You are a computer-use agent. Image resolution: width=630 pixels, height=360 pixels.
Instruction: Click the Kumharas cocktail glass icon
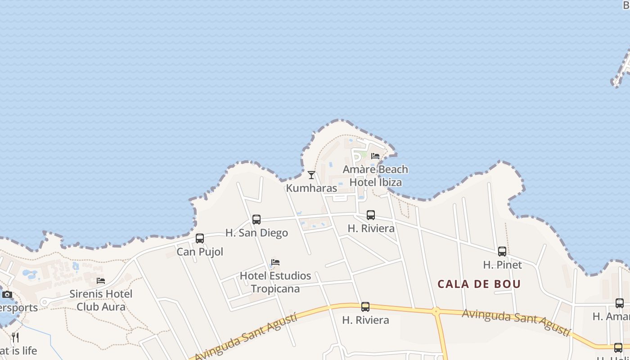(x=311, y=175)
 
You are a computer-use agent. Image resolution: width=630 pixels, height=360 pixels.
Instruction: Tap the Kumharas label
(x=311, y=188)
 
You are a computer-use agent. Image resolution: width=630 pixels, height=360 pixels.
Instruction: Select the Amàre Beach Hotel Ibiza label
(x=375, y=176)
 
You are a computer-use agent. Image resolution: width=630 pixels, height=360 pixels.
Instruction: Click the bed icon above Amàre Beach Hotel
(x=375, y=156)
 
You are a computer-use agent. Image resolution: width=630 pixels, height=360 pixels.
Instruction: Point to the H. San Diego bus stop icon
(x=256, y=220)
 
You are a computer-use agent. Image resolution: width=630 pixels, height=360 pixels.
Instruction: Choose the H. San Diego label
(x=256, y=233)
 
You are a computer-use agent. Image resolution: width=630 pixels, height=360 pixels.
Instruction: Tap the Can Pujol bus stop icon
(x=200, y=238)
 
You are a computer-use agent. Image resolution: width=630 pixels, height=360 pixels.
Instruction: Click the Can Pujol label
(x=200, y=252)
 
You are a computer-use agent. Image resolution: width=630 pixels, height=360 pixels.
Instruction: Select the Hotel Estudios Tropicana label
(x=275, y=282)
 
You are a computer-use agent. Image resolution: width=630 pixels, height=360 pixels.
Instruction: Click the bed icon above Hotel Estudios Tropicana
(x=275, y=262)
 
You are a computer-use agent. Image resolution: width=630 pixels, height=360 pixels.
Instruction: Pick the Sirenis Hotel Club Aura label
(x=101, y=300)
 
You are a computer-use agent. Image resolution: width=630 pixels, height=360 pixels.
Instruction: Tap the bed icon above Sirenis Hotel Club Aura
(x=101, y=281)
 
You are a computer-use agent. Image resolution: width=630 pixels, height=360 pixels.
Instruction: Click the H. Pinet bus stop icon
(x=502, y=252)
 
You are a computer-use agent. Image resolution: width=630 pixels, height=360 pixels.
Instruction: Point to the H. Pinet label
(x=502, y=265)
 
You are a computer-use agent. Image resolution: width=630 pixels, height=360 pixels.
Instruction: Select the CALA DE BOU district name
(x=479, y=284)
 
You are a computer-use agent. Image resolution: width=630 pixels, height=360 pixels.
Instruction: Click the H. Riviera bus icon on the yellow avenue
(x=365, y=307)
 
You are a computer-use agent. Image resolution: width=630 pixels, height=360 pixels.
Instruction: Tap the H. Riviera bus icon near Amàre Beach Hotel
(x=371, y=215)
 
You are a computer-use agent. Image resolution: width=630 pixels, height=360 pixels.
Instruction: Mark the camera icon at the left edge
(x=7, y=295)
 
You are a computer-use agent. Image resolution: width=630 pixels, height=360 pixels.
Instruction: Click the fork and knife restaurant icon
(x=15, y=337)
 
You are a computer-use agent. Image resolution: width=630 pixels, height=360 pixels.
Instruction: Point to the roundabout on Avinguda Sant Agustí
(x=436, y=311)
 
